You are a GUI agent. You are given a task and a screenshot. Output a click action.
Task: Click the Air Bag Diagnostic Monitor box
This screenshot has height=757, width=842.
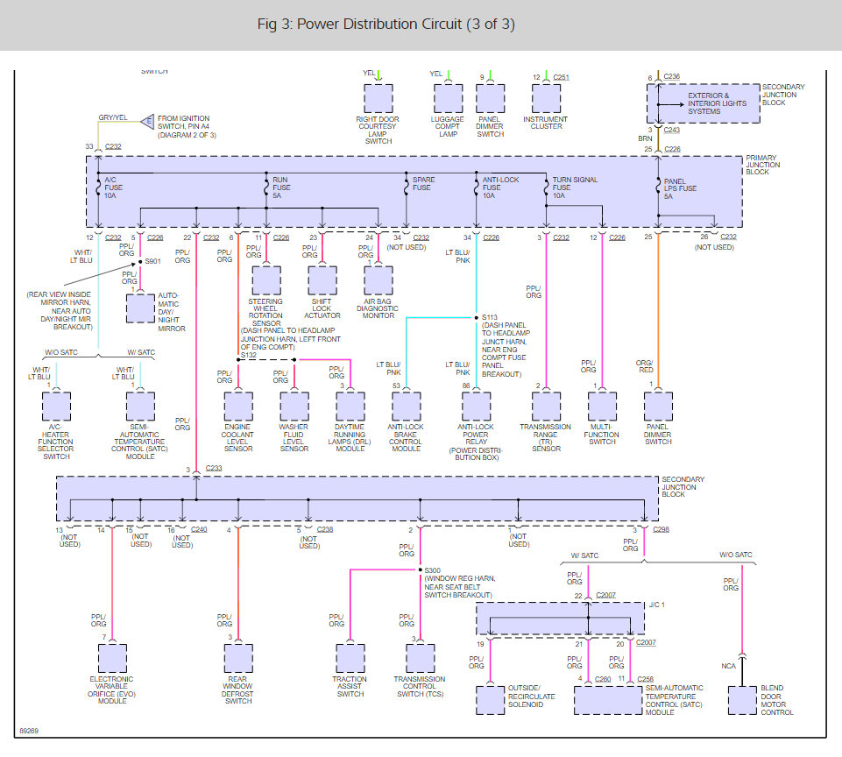point(378,280)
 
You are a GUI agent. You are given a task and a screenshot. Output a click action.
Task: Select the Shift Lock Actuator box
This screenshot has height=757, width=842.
point(322,280)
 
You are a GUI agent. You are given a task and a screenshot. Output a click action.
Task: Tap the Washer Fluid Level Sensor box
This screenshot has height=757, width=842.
point(294,407)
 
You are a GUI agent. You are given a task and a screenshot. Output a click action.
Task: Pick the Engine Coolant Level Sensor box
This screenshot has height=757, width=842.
point(238,407)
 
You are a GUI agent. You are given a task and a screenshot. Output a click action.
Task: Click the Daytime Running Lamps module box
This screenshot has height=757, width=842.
point(350,407)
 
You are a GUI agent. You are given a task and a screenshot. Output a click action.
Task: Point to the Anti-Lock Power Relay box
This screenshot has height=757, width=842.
point(477,407)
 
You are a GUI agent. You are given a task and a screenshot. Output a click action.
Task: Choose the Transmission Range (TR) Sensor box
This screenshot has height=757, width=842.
point(546,407)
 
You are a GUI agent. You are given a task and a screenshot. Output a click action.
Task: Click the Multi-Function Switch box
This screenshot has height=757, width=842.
point(603,407)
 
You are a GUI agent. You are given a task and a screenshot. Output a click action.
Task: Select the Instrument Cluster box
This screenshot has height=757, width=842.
point(546,99)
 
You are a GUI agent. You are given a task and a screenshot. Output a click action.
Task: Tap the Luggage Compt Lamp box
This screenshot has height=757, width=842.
point(449,99)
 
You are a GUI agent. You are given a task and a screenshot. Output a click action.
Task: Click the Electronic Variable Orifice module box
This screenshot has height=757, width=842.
point(112,658)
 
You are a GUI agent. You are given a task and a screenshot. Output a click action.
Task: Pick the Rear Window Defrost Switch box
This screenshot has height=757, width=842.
point(238,658)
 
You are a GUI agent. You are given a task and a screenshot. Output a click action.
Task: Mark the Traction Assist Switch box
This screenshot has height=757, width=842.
point(350,658)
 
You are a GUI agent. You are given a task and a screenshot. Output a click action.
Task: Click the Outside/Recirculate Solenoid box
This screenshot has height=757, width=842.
point(491,700)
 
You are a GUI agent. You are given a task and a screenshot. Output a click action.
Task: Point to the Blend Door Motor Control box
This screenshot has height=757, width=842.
point(742,700)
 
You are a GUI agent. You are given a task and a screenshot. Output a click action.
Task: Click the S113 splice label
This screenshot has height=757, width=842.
point(490,317)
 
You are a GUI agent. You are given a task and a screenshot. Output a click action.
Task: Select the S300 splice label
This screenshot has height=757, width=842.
point(432,570)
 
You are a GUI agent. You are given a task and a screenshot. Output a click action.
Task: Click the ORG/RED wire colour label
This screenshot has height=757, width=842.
point(644,366)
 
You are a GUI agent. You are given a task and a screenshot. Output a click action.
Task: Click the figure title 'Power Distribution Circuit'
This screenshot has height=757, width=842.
point(379,25)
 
